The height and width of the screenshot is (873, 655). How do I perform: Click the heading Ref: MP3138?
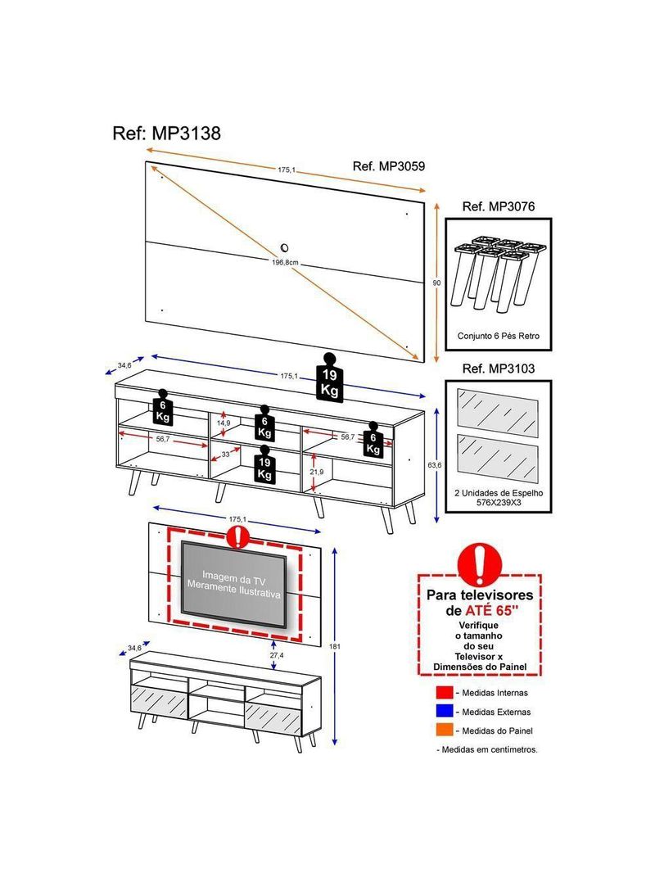pos(166,133)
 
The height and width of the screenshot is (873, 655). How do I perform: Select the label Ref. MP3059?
pos(388,166)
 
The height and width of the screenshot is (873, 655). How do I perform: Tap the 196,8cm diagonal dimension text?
pos(286,263)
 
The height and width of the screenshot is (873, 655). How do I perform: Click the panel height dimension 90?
pos(436,282)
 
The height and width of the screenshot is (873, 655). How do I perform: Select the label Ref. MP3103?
pos(498,369)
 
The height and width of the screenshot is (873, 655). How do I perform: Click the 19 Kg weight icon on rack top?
pos(329,378)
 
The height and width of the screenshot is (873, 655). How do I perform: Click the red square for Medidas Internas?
pos(444,693)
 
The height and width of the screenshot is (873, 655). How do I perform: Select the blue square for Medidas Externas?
pos(444,712)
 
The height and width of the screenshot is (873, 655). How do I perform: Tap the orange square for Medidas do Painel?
pos(444,731)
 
